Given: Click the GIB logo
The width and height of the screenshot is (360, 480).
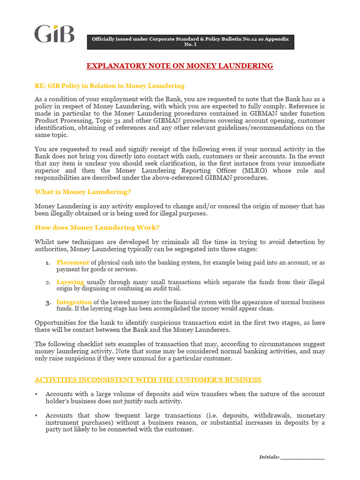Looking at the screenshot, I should [x=54, y=34].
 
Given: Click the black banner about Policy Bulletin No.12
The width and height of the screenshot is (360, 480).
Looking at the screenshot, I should [x=190, y=41].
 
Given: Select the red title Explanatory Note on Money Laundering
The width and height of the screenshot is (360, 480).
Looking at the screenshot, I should [x=180, y=66].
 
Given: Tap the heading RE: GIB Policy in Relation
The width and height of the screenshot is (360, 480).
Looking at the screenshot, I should [x=109, y=86].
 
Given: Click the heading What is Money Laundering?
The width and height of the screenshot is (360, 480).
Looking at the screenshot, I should [x=83, y=192].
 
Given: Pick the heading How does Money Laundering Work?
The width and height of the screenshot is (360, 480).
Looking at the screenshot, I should [x=97, y=227].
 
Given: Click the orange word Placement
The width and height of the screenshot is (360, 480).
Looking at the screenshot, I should [x=73, y=262].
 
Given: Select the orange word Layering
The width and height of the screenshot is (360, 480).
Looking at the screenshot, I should [x=70, y=282].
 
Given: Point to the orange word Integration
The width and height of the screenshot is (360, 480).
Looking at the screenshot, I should [x=74, y=302].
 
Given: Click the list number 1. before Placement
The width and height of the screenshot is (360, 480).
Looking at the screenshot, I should [x=48, y=263].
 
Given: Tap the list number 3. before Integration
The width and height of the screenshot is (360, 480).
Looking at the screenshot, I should [x=48, y=302].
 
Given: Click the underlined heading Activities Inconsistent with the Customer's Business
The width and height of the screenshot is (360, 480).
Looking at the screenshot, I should [x=148, y=379].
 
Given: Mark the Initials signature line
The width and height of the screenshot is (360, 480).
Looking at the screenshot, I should [x=303, y=457].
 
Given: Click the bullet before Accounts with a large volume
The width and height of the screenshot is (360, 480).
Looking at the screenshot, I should [x=37, y=394].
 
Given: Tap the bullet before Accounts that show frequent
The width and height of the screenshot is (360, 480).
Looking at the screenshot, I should [x=37, y=416].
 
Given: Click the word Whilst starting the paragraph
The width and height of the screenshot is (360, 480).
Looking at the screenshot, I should [x=45, y=242].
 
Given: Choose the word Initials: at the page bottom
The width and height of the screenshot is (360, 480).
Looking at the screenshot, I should [x=269, y=457].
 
